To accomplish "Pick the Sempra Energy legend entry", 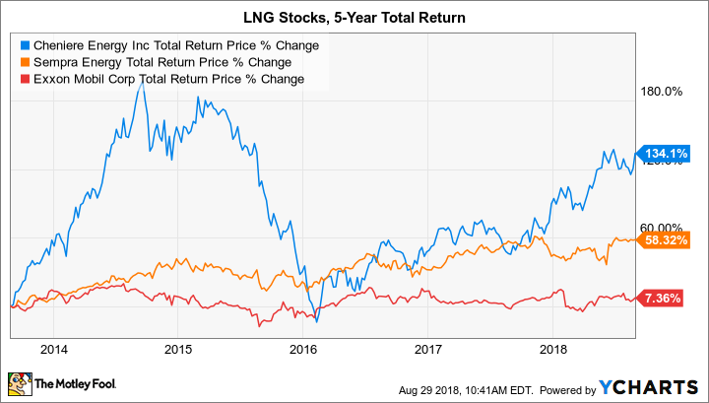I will pos(159,62).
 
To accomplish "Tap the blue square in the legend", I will pos(24,45).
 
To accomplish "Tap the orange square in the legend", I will pos(24,62).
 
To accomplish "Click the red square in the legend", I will pos(24,78).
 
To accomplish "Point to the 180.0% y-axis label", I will pos(661,93).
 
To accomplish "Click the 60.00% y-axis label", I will pos(661,229).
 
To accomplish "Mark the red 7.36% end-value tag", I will pos(670,298).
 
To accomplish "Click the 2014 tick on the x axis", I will pos(54,349).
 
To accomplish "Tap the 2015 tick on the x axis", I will pos(178,349).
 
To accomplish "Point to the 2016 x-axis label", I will pos(302,349).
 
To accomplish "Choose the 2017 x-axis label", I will pos(426,349).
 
